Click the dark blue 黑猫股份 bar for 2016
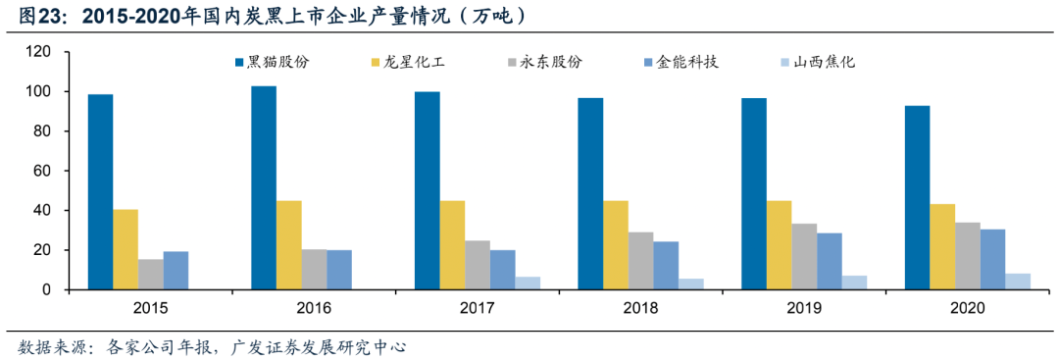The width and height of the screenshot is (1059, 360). click(x=263, y=188)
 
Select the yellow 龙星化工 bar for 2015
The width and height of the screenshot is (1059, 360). click(x=126, y=249)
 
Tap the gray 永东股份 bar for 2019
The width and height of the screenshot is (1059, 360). click(x=805, y=257)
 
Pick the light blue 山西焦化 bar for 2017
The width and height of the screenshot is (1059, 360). click(x=528, y=283)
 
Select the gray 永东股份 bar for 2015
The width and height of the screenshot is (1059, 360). click(x=151, y=275)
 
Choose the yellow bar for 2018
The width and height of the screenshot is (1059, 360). click(x=616, y=245)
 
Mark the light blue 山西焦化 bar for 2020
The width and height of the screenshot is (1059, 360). click(x=1018, y=282)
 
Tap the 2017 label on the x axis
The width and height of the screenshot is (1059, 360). click(x=478, y=308)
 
